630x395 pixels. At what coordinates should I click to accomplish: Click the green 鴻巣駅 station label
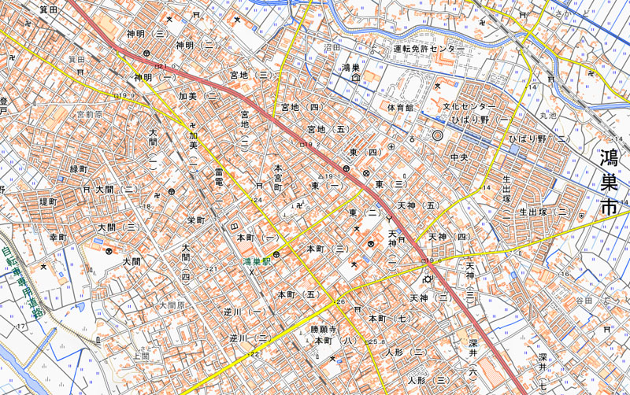click(257, 260)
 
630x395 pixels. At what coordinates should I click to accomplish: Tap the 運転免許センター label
click(428, 50)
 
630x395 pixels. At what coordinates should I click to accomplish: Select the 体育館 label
click(400, 106)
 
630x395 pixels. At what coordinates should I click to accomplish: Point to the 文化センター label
click(469, 106)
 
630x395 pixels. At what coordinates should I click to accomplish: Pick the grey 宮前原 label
click(89, 115)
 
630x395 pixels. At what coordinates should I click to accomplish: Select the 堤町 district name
click(47, 202)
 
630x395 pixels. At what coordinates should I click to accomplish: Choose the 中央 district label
click(460, 158)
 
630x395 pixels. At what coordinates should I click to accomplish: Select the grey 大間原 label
click(172, 305)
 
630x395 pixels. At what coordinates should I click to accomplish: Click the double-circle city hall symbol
click(438, 136)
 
